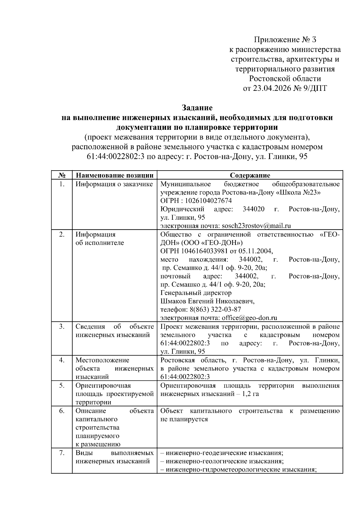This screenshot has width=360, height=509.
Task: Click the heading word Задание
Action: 197,107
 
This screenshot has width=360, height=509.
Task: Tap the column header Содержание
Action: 250,175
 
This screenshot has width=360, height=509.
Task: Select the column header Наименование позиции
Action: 115,175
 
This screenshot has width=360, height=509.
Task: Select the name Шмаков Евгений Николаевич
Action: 208,301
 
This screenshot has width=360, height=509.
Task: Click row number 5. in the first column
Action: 62,385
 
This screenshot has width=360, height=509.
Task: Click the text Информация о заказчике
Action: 114,184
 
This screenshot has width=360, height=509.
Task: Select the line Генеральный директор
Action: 196,293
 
